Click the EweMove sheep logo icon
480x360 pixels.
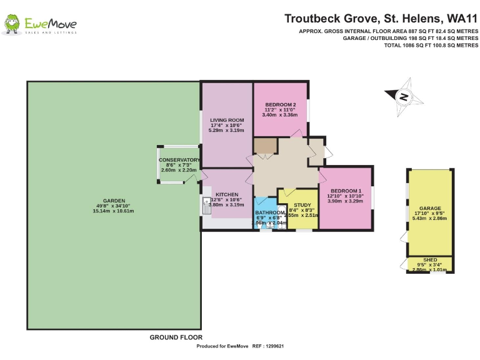(x=11, y=24)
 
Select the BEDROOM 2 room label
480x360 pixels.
(x=280, y=104)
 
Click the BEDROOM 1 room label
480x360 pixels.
(x=346, y=191)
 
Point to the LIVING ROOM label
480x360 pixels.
(x=226, y=120)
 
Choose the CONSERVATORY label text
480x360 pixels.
(x=178, y=160)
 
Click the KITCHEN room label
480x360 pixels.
(x=226, y=194)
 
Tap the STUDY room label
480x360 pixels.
(x=302, y=205)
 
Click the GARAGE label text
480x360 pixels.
(x=430, y=208)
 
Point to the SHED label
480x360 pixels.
(x=430, y=259)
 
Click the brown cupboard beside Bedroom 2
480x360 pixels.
(x=266, y=146)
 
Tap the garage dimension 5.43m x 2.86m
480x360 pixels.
(x=430, y=218)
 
